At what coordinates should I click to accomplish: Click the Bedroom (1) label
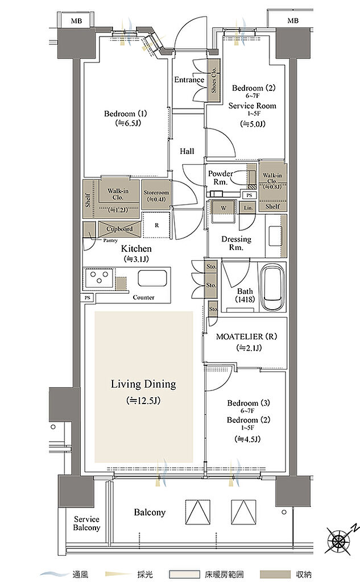pyautogui.click(x=125, y=114)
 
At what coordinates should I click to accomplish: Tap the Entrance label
pyautogui.click(x=189, y=80)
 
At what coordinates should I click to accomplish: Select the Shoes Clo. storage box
pyautogui.click(x=213, y=81)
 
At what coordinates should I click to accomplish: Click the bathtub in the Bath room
pyautogui.click(x=274, y=286)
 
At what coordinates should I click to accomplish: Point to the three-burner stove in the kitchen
pyautogui.click(x=99, y=277)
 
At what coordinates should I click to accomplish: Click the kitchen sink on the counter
pyautogui.click(x=152, y=278)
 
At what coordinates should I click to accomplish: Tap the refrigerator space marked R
pyautogui.click(x=157, y=225)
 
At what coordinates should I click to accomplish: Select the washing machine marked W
pyautogui.click(x=224, y=211)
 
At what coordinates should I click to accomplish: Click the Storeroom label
pyautogui.click(x=156, y=192)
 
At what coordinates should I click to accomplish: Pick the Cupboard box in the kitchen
pyautogui.click(x=119, y=229)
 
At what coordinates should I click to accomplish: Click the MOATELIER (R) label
pyautogui.click(x=246, y=336)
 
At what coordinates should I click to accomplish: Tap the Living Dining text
pyautogui.click(x=143, y=384)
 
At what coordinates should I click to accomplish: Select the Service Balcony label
pyautogui.click(x=86, y=523)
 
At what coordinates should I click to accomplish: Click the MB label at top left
pyautogui.click(x=77, y=21)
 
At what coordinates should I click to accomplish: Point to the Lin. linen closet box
pyautogui.click(x=248, y=208)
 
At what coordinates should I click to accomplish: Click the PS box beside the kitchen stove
pyautogui.click(x=88, y=298)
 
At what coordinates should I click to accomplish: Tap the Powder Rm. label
pyautogui.click(x=220, y=177)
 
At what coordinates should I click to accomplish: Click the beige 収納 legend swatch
pyautogui.click(x=275, y=575)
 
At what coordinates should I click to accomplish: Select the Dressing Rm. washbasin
pyautogui.click(x=274, y=235)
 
